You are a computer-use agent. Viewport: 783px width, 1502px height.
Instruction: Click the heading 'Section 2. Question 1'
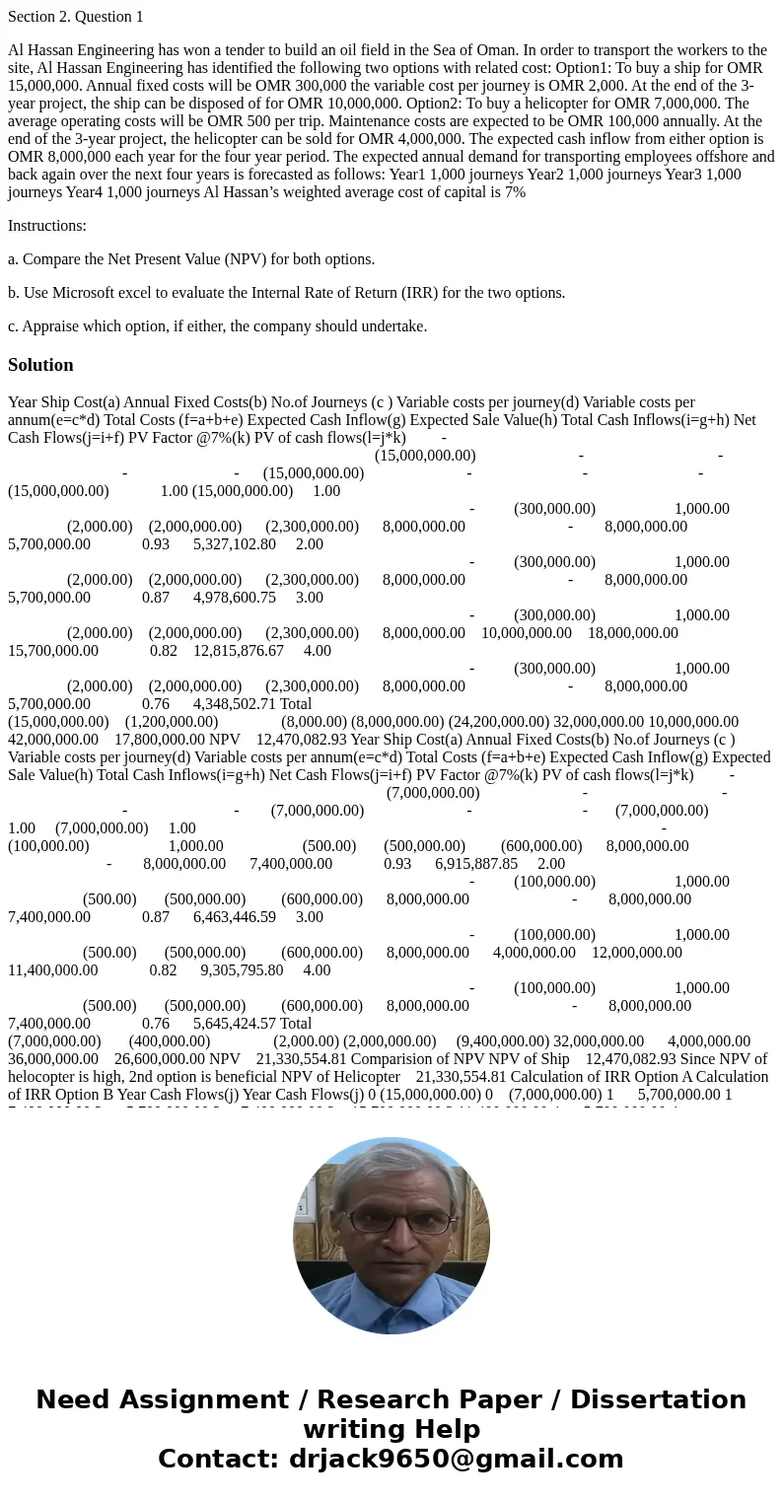pos(75,17)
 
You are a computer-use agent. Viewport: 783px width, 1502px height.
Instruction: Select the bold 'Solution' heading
pos(40,365)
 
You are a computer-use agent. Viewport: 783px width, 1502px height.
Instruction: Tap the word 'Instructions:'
pos(47,226)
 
